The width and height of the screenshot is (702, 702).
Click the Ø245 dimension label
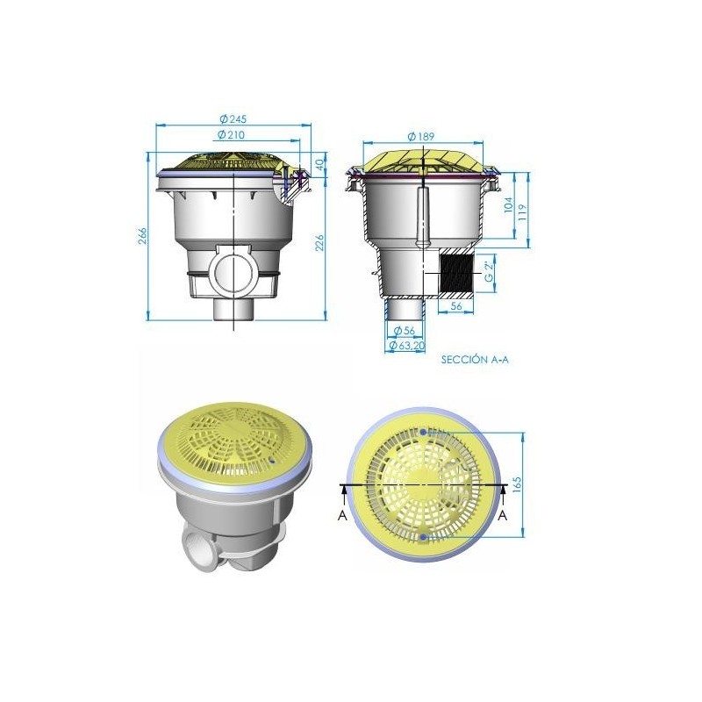point(233,118)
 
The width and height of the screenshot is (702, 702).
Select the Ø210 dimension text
point(231,134)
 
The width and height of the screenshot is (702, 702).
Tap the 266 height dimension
point(142,236)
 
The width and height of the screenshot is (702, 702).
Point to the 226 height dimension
point(319,242)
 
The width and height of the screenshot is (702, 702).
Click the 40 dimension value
point(319,165)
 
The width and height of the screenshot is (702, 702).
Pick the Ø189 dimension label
point(421,136)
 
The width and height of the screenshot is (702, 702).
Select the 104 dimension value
point(509,204)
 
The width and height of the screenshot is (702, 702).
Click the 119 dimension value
point(522,211)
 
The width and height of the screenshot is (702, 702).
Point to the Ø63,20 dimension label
point(407,345)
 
